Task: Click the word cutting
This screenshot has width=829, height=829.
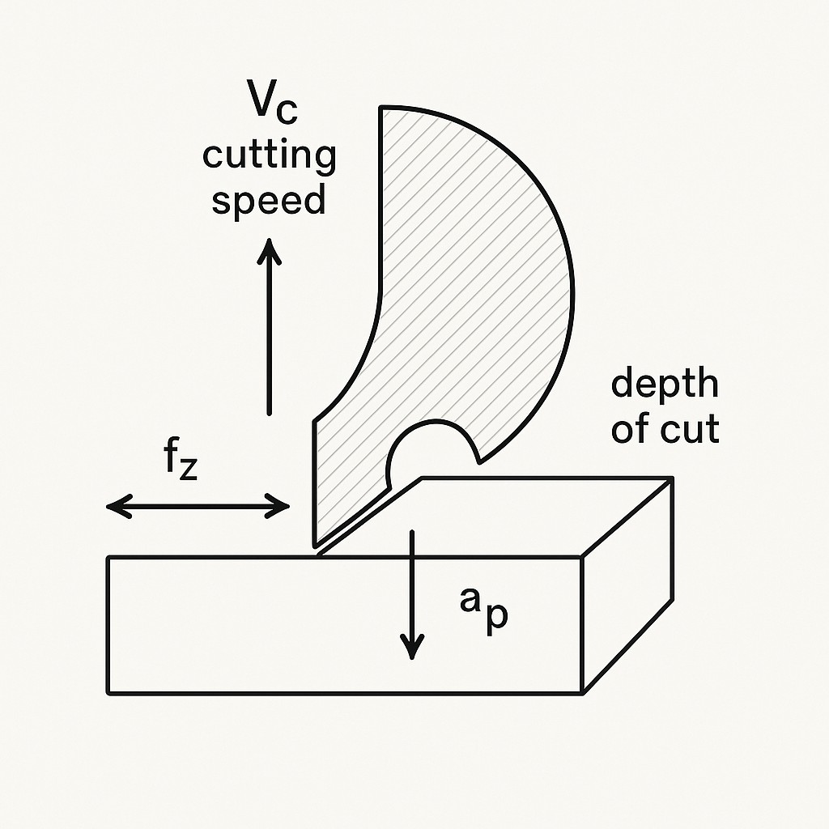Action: point(269,155)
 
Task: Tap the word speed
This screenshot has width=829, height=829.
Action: point(269,200)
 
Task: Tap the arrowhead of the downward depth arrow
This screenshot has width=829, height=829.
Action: point(413,648)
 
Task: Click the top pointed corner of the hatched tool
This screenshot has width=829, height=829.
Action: point(381,108)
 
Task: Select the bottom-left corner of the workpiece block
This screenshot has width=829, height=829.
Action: point(108,694)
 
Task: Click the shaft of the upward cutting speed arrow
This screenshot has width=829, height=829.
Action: point(269,340)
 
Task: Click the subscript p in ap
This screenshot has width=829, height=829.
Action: point(497,617)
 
